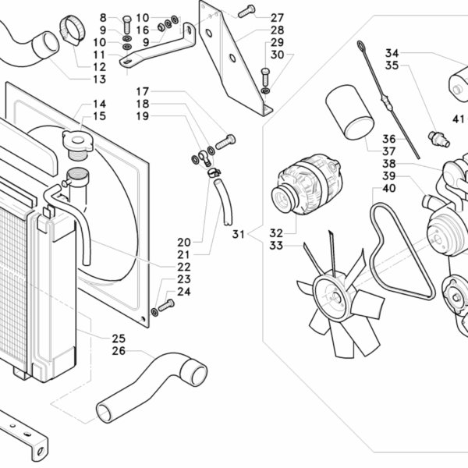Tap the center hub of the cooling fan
333,296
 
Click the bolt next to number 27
246,11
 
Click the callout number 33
275,246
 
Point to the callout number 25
119,338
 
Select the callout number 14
100,104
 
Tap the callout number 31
239,232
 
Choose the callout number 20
184,242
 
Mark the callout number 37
389,151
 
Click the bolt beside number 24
165,305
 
